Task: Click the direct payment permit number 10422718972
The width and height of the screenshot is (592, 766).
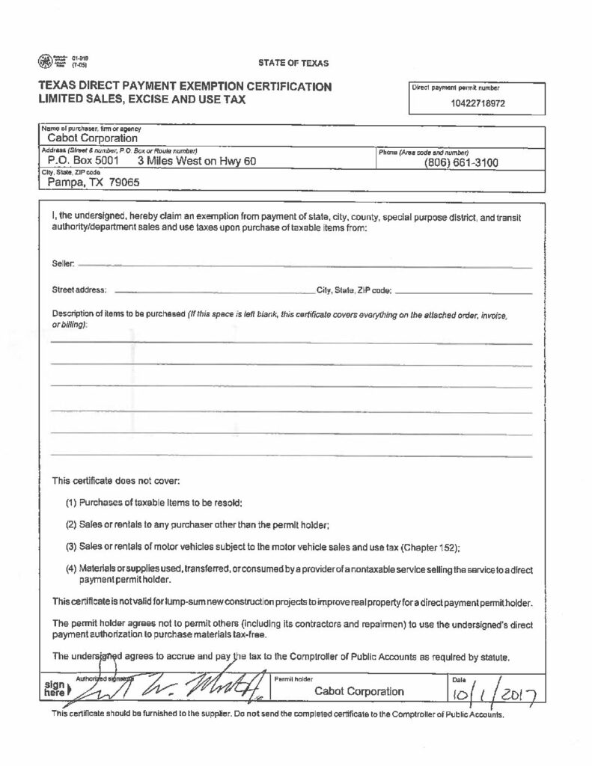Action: (x=478, y=103)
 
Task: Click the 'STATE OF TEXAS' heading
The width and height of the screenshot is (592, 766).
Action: (x=294, y=63)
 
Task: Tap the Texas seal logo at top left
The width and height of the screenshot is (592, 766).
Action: (x=47, y=60)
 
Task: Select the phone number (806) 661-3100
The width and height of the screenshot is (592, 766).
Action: (x=461, y=162)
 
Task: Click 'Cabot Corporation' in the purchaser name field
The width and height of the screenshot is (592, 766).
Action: (x=93, y=138)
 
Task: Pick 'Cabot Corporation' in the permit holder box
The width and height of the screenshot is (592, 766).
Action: (x=359, y=691)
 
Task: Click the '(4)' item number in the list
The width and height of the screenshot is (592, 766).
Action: (x=72, y=569)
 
